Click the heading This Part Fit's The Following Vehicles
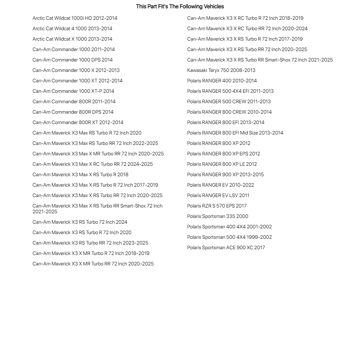pos(180,6)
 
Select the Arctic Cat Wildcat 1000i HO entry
pos(75,18)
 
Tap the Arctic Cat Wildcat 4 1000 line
pos(72,29)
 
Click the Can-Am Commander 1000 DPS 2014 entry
pos(72,60)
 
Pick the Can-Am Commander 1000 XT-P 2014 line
pos(73,91)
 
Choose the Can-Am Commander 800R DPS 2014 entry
pos(73,112)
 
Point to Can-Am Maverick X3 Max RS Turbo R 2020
pos(87,133)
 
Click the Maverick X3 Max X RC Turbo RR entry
pos(92,164)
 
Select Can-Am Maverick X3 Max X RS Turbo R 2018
pos(80,175)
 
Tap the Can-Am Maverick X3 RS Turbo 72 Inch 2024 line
pos(80,222)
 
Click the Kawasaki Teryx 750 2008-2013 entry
pos(221,70)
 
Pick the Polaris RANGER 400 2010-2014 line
pos(222,81)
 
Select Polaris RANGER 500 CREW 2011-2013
pos(229,102)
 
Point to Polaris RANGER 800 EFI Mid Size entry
pos(235,133)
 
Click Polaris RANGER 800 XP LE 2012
pos(222,164)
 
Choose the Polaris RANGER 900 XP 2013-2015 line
pos(225,175)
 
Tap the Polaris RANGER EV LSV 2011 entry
pos(218,196)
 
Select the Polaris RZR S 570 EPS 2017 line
pos(217,206)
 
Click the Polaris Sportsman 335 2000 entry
pos(218,217)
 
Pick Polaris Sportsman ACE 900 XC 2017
pos(226,248)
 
